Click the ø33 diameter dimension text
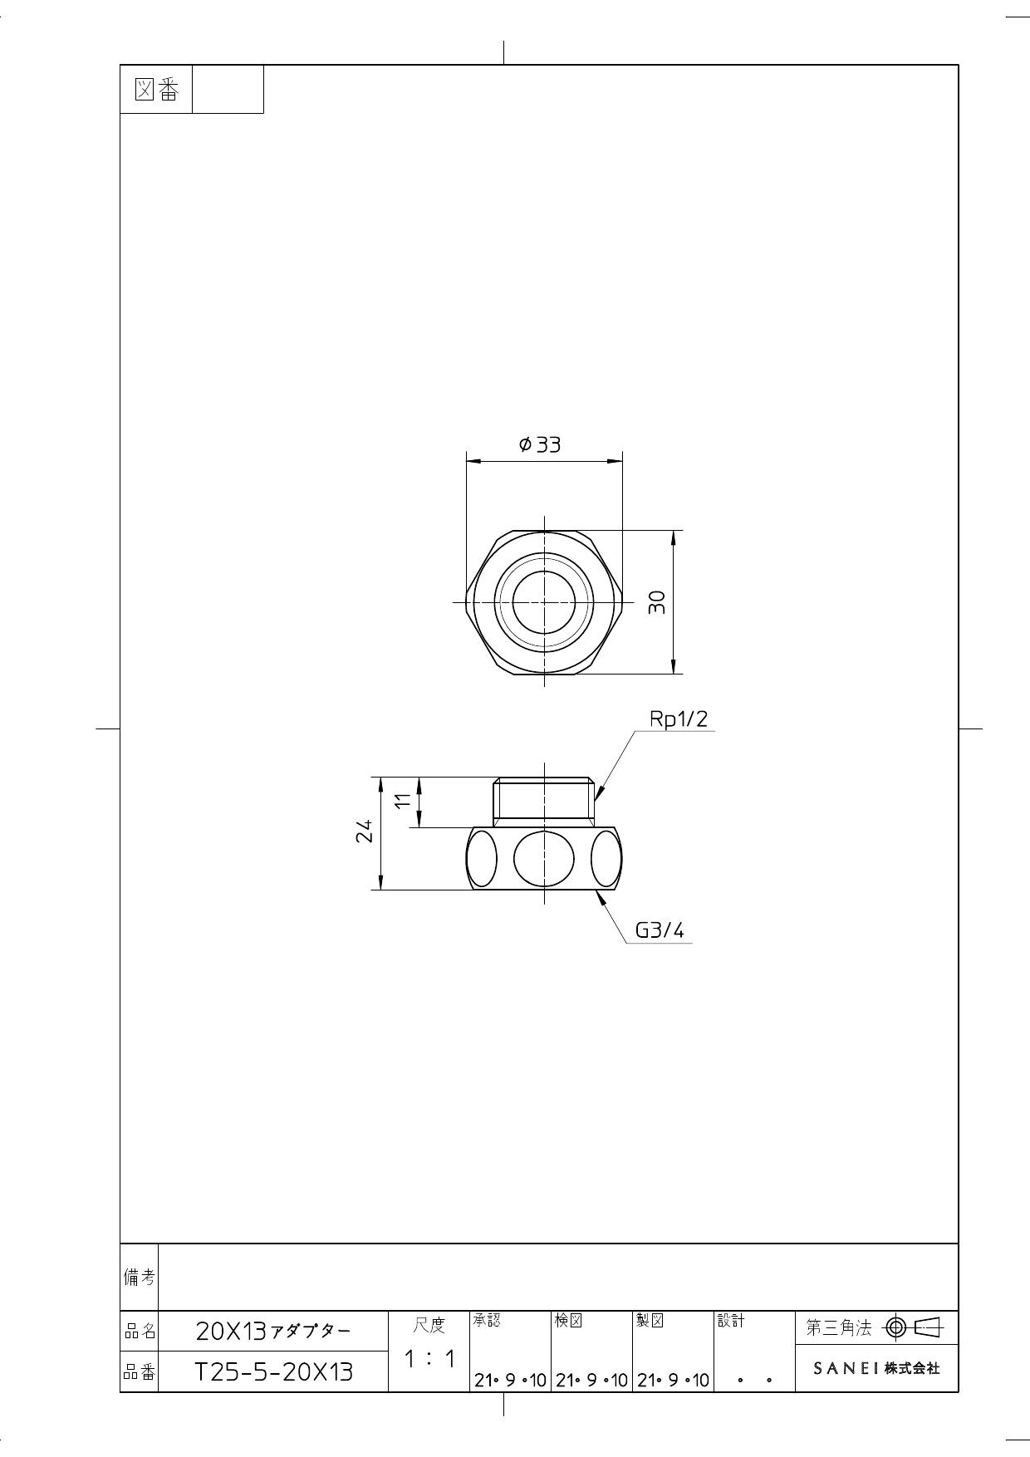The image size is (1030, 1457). (x=540, y=445)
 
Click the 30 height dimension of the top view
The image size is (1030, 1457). (x=656, y=601)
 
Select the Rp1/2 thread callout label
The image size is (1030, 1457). (x=678, y=719)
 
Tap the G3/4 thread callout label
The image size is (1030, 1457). (x=660, y=930)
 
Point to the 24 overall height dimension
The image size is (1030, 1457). (x=364, y=832)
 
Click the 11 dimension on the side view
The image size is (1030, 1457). (x=403, y=802)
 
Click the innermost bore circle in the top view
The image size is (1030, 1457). (x=544, y=601)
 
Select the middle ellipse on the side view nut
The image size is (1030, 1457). (x=544, y=858)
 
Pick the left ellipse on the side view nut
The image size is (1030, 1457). (x=481, y=858)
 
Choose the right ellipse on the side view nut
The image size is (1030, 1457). (x=606, y=858)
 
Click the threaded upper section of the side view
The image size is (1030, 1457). (x=544, y=801)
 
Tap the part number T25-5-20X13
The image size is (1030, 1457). (x=273, y=1371)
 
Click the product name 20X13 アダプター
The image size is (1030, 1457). (x=273, y=1332)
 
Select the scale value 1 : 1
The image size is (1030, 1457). (x=430, y=1360)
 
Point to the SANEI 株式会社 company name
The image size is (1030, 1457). (x=876, y=1368)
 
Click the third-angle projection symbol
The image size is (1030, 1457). (x=914, y=1327)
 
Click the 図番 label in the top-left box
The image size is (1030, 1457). (x=156, y=90)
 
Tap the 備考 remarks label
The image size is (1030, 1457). (x=139, y=1278)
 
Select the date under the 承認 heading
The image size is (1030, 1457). (x=509, y=1381)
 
